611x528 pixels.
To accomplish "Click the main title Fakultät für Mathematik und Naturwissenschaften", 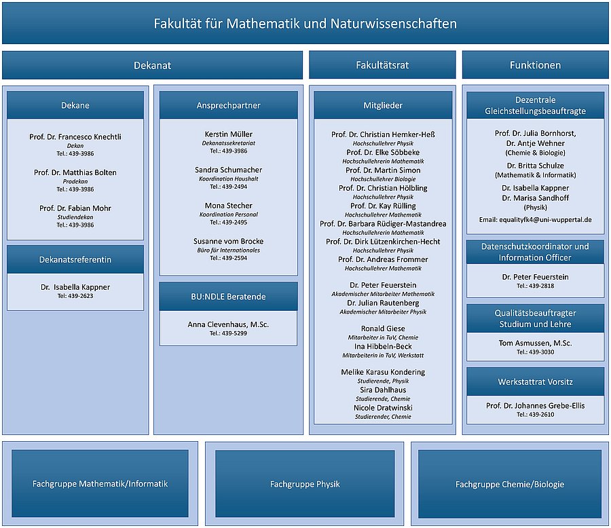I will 305,24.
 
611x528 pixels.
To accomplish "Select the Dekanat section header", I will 152,65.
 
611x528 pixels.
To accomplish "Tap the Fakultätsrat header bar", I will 382,65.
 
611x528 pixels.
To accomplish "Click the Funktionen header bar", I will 535,65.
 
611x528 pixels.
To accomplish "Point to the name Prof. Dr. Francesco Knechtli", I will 75,136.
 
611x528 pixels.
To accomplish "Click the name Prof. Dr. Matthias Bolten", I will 75,172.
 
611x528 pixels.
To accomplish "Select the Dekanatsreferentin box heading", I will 75,259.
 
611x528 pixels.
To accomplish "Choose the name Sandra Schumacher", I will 228,170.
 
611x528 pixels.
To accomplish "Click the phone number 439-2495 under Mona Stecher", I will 228,222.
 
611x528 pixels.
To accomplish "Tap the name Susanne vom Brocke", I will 228,241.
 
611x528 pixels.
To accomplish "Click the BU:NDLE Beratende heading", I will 228,297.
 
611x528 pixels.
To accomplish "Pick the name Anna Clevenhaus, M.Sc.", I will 228,324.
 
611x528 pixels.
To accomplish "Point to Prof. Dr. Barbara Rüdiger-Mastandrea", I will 383,223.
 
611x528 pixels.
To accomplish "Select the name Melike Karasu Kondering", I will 383,372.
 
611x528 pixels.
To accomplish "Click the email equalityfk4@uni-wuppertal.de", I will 535,220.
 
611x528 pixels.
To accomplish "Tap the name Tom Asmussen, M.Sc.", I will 535,343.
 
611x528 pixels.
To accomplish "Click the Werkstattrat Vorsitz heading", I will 535,381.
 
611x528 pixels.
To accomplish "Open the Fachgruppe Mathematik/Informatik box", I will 100,484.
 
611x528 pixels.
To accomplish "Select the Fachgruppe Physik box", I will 305,484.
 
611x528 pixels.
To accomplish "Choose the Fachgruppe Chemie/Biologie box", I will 509,484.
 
